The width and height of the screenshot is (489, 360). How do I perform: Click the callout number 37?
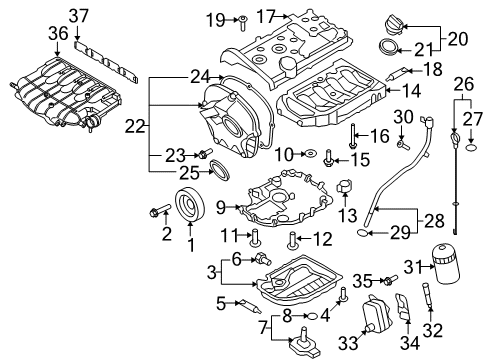point(79,16)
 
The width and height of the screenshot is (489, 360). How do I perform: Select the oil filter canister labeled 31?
point(447,263)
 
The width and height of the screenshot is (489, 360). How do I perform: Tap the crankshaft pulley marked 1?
point(190,205)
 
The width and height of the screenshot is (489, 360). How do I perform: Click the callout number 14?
point(411,91)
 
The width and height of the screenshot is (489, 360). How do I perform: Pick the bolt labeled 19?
point(243,23)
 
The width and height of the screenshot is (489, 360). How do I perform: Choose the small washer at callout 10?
point(311,154)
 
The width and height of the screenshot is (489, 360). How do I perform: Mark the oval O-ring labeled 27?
point(471,147)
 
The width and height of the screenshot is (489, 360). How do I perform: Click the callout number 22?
point(135,126)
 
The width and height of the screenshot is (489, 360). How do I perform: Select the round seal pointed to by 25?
point(219,170)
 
